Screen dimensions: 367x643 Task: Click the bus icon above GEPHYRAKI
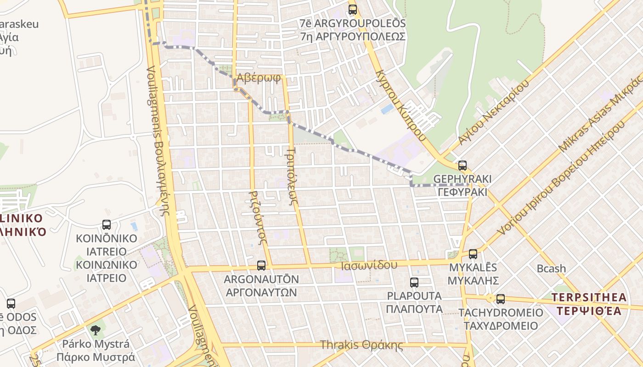[x=463, y=166]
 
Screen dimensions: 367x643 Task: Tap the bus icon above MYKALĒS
[x=473, y=254]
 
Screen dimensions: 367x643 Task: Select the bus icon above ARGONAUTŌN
[x=261, y=265]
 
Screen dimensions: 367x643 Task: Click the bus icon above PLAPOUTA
[x=414, y=282]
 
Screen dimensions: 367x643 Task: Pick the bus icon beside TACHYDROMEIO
[x=501, y=299]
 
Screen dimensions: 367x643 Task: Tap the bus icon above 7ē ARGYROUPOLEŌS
[x=353, y=9]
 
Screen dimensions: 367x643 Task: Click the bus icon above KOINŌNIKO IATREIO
[x=107, y=225]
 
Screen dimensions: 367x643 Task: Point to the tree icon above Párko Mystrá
[x=96, y=329]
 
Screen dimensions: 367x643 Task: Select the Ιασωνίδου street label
[x=369, y=265]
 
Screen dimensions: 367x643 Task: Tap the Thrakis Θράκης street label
[x=361, y=345]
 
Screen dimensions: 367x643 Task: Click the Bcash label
[x=551, y=268]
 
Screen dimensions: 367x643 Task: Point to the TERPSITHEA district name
[x=589, y=297]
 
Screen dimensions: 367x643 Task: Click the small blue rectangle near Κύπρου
[x=387, y=109]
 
